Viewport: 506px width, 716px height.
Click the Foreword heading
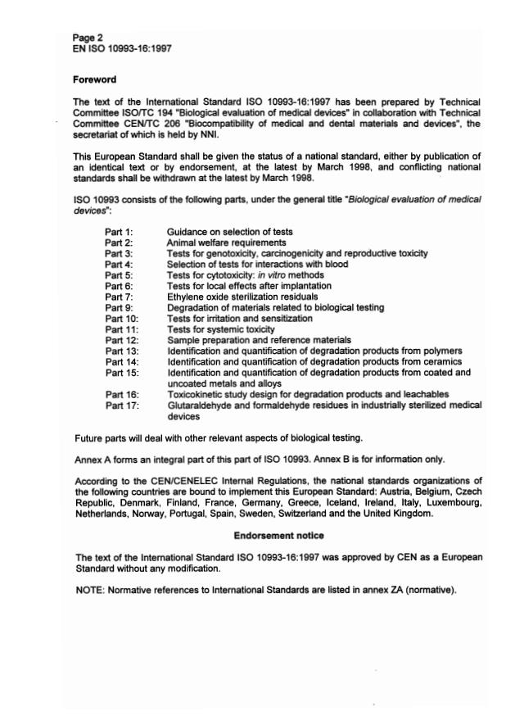tap(95, 79)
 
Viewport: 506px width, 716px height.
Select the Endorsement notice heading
tap(278, 536)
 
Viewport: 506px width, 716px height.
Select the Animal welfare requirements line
tap(226, 242)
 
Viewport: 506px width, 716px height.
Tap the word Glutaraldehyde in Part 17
tap(197, 405)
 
